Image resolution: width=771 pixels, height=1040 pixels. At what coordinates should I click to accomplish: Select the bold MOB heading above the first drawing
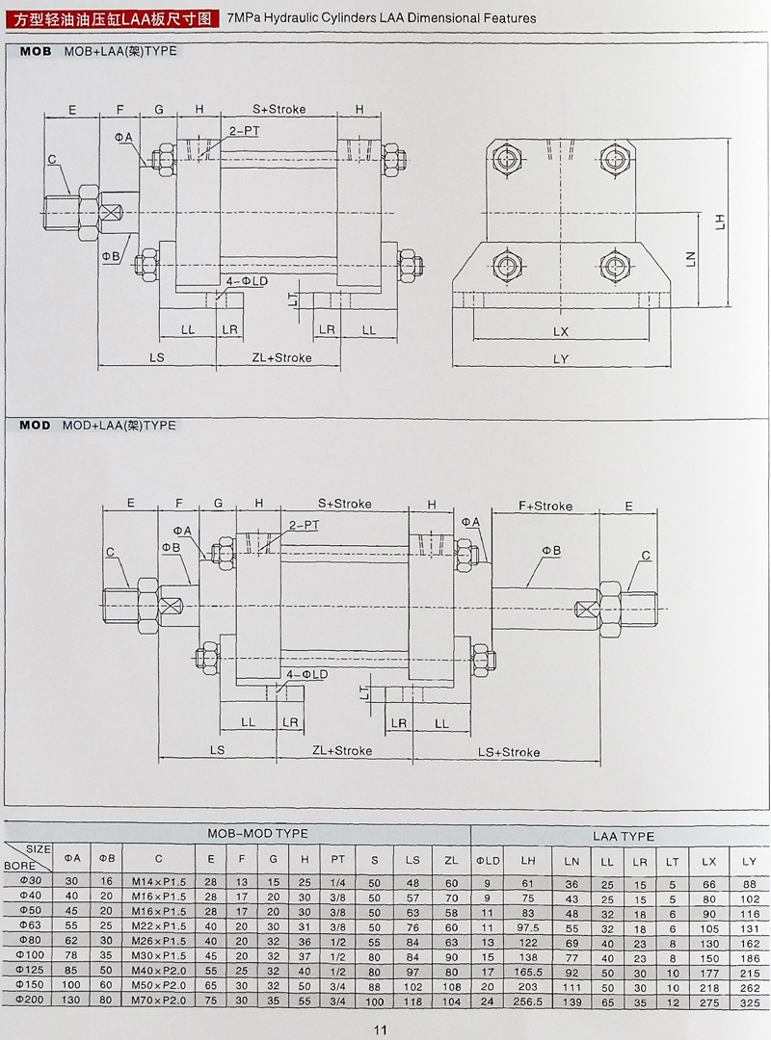[36, 51]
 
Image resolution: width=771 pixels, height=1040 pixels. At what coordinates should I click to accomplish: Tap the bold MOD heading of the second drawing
[35, 424]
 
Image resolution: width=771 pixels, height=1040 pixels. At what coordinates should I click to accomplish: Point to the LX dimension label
[562, 331]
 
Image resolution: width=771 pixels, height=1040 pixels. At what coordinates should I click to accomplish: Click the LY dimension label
[562, 357]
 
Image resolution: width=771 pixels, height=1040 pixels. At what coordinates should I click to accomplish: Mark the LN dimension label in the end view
[691, 260]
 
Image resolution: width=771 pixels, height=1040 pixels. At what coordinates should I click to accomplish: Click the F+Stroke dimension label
[545, 506]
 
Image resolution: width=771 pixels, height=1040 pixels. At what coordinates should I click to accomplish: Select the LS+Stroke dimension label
[509, 752]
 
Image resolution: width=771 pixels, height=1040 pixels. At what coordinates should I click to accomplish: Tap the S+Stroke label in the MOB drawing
[279, 110]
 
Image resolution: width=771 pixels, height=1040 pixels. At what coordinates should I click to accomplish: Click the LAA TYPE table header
[623, 837]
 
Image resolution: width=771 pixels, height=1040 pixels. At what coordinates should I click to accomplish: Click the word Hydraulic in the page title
[306, 17]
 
